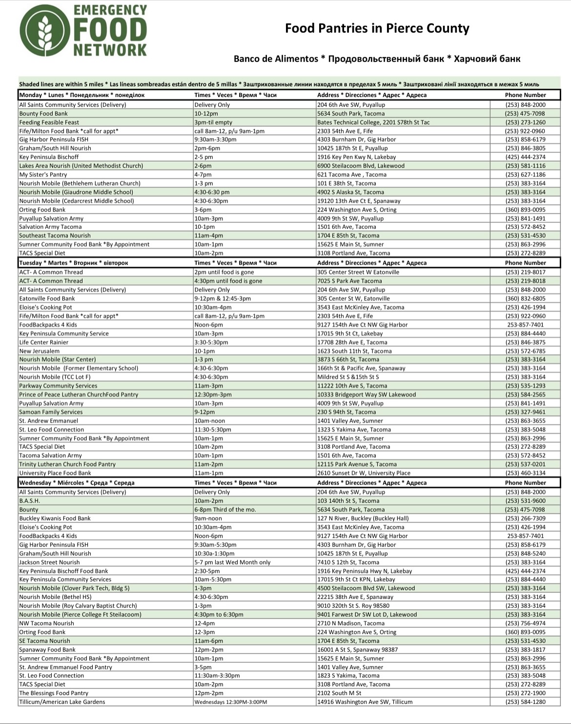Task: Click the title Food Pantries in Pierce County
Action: (x=377, y=28)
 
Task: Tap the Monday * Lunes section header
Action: (x=82, y=95)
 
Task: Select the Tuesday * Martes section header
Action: (x=73, y=263)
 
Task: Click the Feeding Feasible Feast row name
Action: (x=49, y=123)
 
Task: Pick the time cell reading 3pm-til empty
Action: (x=213, y=123)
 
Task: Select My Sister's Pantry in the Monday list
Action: (x=43, y=174)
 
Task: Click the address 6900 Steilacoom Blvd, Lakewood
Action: (x=361, y=165)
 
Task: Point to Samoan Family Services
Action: (x=51, y=412)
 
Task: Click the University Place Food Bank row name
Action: (x=55, y=473)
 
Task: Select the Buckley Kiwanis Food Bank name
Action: (x=55, y=518)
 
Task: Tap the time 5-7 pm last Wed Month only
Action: (x=232, y=562)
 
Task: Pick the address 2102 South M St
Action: (x=339, y=693)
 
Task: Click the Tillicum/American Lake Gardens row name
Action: (x=62, y=702)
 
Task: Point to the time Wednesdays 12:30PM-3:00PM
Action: (x=231, y=702)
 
